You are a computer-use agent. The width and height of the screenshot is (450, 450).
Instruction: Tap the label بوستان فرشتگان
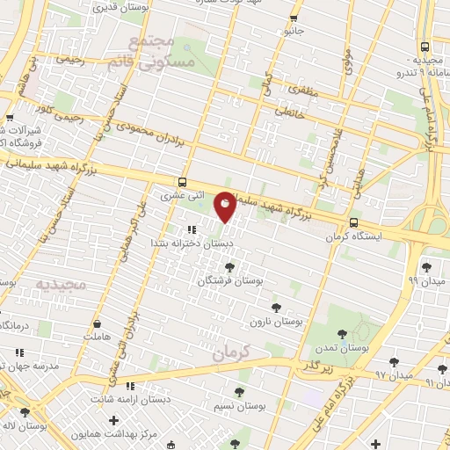tap(230, 280)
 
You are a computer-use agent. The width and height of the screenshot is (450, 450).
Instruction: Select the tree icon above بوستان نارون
tap(276, 308)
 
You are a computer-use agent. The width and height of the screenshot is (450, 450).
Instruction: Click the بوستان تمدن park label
tap(344, 348)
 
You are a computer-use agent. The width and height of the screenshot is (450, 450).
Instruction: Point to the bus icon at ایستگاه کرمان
tap(353, 222)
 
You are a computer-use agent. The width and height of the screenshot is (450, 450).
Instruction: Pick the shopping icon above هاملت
tap(97, 323)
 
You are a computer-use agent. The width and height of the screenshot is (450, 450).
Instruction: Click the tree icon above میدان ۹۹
tap(426, 266)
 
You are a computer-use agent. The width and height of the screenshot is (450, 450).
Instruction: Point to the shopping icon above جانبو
tap(293, 18)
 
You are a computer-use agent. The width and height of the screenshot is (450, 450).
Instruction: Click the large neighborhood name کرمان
tap(231, 352)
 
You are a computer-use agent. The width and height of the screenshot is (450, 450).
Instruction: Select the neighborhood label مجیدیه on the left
tap(57, 285)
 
